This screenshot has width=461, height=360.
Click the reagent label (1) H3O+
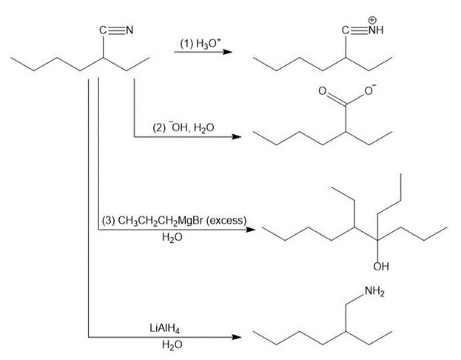point(195,44)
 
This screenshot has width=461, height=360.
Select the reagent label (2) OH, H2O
point(183,128)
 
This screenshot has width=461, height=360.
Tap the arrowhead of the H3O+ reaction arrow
point(235,53)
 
